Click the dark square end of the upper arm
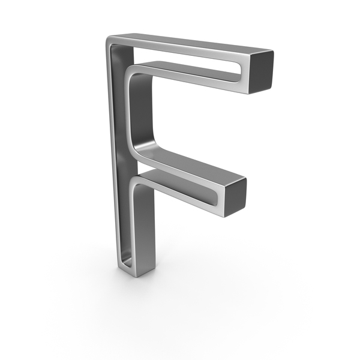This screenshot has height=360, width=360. pos(261,72)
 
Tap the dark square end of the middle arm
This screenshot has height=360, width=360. pos(236,197)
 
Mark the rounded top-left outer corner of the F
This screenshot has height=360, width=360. pos(109,40)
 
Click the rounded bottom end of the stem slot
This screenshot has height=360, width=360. pos(127,264)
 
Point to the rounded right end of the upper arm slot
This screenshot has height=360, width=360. pos(239,73)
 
